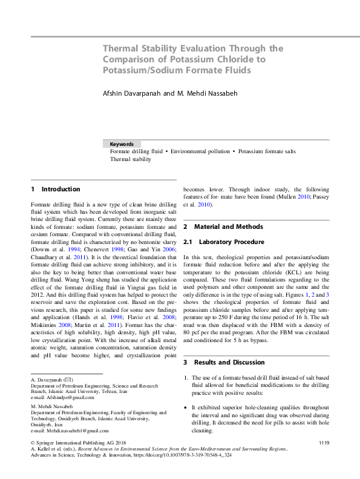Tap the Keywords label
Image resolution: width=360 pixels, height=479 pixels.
pyautogui.click(x=122, y=144)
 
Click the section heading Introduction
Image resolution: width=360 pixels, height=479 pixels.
pyautogui.click(x=61, y=190)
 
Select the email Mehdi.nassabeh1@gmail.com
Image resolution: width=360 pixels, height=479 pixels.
pyautogui.click(x=74, y=431)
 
